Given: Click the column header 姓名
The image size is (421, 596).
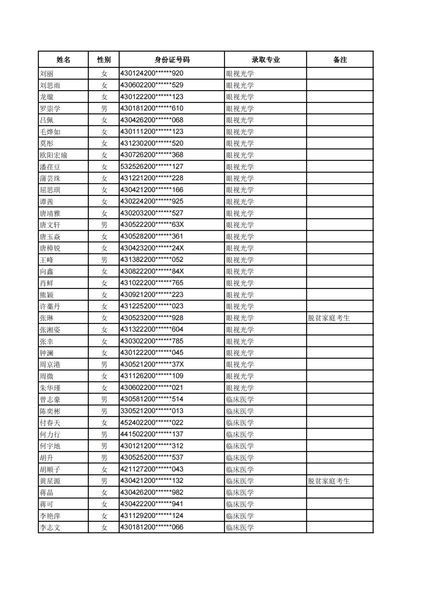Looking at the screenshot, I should tap(63, 60).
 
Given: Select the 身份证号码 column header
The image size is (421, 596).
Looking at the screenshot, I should tap(172, 60).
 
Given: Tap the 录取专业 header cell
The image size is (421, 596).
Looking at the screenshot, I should tap(265, 60).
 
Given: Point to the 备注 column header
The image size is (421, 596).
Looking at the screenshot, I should tap(340, 60).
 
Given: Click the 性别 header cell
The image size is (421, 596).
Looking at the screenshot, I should tap(104, 60).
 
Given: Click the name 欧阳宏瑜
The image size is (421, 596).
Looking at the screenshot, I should tap(53, 155).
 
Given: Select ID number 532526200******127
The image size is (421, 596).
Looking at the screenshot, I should tap(152, 167).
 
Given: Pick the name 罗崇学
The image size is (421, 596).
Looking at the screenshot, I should tap(50, 109).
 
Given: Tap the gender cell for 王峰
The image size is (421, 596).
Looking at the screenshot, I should tap(104, 260).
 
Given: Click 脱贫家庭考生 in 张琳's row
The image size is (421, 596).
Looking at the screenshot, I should tap(329, 318).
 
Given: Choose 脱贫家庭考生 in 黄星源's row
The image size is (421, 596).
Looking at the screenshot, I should tap(329, 481).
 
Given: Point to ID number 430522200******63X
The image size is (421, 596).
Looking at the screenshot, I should tap(152, 225).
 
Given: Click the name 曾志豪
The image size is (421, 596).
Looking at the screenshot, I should tap(50, 399).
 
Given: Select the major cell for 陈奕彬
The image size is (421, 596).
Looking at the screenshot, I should tap(240, 411).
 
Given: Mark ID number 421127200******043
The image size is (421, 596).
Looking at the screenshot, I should tap(152, 469).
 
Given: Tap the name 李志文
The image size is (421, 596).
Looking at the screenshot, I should tap(50, 527).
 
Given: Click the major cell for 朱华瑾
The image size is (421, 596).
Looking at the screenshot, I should tap(240, 388).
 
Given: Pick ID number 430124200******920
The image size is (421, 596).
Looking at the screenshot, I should tap(152, 73).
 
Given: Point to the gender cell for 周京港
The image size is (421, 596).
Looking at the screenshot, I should tap(104, 365).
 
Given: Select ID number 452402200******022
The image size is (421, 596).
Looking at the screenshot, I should tap(152, 423).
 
